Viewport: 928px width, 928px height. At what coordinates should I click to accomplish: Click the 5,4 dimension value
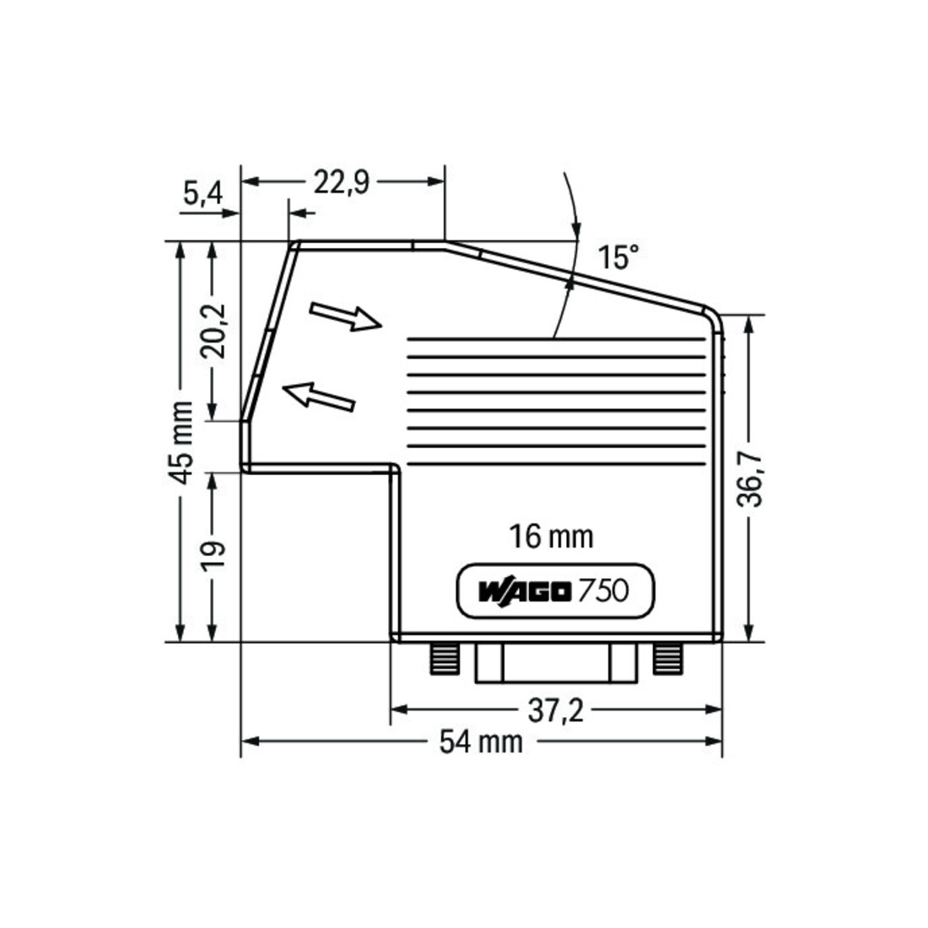(x=202, y=193)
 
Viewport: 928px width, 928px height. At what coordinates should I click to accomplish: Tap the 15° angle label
(x=618, y=256)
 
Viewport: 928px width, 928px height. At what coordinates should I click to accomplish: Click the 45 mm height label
(x=180, y=442)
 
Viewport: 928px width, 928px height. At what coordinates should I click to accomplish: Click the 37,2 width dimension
(x=556, y=710)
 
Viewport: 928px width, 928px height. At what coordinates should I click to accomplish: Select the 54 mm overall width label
(x=481, y=742)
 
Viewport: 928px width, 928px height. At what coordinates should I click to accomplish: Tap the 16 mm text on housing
(x=551, y=537)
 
